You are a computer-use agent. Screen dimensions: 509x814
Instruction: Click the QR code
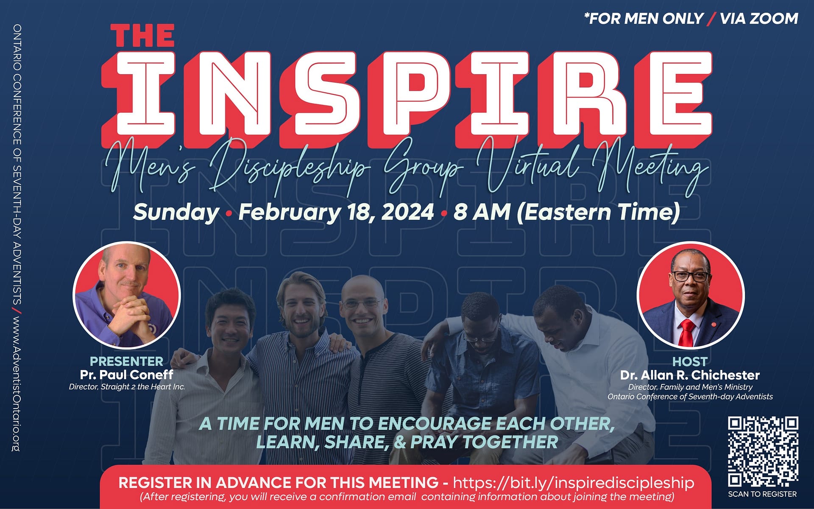coord(763,451)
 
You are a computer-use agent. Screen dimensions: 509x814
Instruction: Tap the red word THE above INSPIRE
coord(142,36)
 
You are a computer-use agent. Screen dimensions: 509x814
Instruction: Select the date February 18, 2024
coord(336,212)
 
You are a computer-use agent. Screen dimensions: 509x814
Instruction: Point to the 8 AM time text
coord(482,212)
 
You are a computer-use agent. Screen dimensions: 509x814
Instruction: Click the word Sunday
coord(176,212)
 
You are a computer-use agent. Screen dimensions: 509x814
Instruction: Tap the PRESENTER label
coord(126,361)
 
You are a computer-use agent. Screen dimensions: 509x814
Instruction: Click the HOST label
coord(690,362)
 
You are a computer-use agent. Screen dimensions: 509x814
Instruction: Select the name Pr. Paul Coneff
coord(126,375)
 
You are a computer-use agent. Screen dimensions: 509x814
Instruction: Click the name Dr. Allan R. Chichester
coord(690,375)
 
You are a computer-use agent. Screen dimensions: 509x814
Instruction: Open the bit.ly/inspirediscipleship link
coord(573,483)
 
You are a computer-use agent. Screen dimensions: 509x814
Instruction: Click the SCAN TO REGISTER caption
coord(762,494)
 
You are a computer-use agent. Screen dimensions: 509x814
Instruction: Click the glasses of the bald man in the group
coord(361,304)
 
